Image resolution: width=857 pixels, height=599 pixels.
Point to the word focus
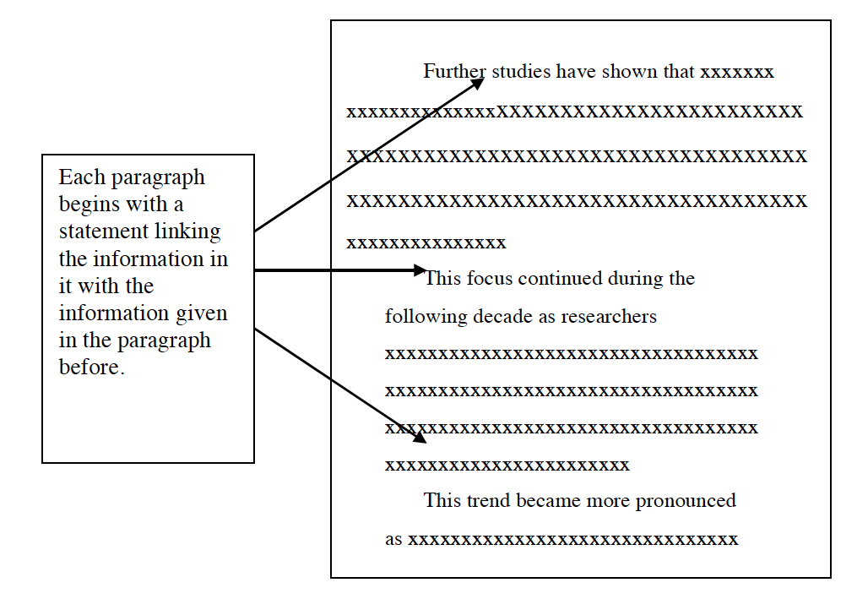[489, 279]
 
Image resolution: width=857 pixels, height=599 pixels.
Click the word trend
[488, 501]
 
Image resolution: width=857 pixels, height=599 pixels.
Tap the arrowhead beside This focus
[420, 270]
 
